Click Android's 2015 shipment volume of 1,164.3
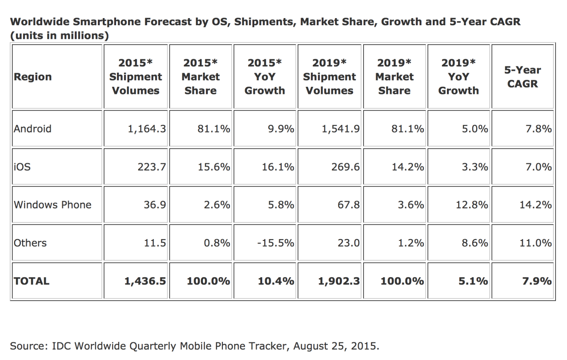pos(147,129)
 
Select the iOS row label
pos(22,167)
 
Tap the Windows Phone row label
pos(52,205)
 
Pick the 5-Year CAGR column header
pos(523,77)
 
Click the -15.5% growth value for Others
pos(276,243)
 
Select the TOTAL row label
pos(31,281)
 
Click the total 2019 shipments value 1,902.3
pos(338,281)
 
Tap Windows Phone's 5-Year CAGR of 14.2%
pos(536,205)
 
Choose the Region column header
pos(33,77)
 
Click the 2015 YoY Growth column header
pos(265,77)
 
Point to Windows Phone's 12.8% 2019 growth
pos(472,205)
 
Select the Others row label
pos(30,243)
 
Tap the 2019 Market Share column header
pos(394,77)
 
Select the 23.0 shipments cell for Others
pos(350,243)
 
